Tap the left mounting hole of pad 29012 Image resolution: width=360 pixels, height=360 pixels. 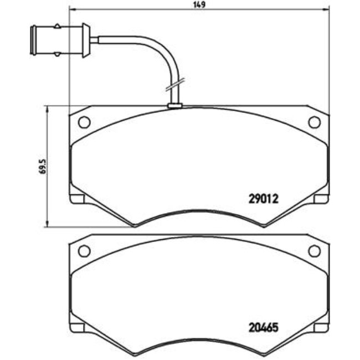point(84,122)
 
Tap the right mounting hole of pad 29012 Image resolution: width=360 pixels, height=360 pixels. point(314,122)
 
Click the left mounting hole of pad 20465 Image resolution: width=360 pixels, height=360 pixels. point(84,251)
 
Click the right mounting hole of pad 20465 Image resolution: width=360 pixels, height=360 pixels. point(314,251)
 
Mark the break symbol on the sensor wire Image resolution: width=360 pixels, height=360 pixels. point(172,86)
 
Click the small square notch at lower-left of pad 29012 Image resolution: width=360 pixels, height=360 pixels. point(77,199)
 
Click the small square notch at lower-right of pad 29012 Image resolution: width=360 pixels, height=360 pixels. point(321,199)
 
